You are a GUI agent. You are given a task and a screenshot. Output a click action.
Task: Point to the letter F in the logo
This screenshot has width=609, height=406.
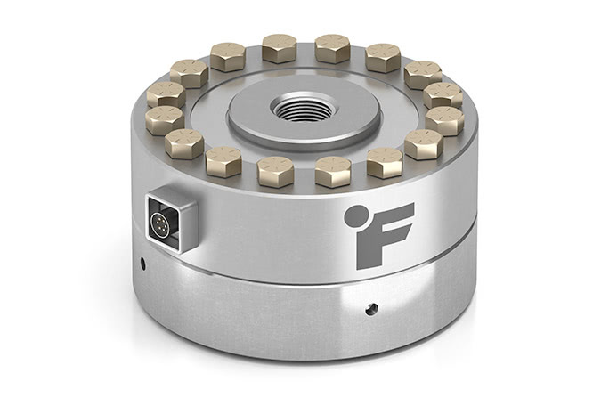point(386,233)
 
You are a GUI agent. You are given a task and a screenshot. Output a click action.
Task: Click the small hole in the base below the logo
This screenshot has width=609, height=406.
point(371,309)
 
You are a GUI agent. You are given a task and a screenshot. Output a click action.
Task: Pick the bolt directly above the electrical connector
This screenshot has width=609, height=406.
point(184,142)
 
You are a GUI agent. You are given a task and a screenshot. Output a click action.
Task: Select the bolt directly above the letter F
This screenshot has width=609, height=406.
point(384,161)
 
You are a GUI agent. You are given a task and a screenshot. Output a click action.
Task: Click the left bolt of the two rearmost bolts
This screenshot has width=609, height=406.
point(280,46)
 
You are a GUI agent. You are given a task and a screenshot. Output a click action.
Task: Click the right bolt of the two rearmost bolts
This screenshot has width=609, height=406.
point(332,47)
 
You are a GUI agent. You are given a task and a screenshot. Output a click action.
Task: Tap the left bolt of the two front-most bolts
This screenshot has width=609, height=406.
point(276,169)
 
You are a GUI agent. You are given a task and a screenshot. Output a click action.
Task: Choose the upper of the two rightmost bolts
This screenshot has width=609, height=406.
point(443,93)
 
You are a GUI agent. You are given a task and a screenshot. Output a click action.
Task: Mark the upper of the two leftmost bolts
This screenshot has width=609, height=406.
point(166,93)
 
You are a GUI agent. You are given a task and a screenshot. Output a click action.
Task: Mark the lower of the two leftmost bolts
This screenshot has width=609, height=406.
point(165,118)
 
